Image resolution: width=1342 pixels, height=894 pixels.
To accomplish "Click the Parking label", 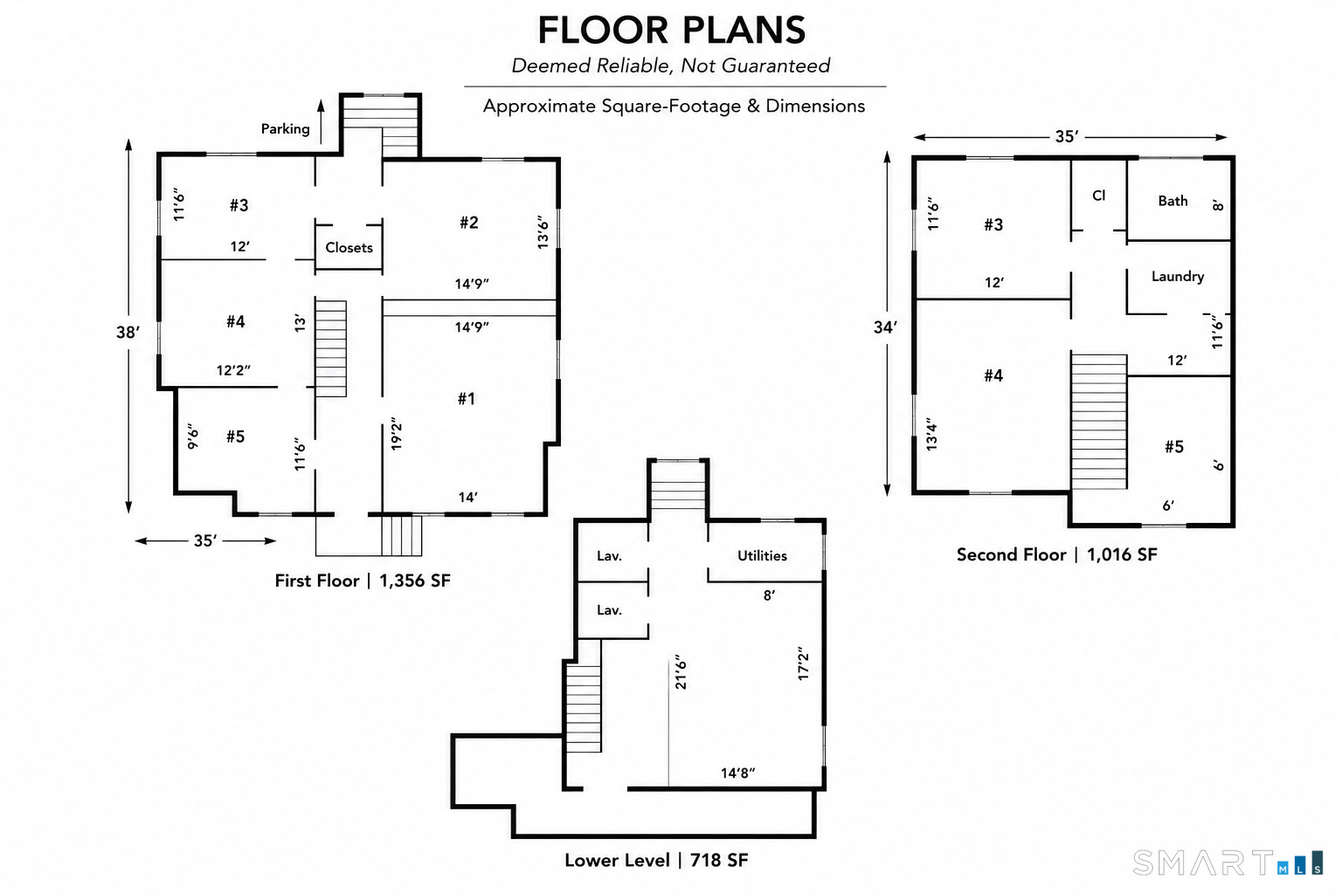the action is coord(285,128).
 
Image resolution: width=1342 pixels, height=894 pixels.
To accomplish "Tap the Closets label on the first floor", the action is coord(349,247).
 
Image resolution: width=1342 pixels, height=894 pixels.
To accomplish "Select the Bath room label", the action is coord(1173,201).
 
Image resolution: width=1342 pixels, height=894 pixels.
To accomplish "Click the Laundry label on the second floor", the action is coord(1177,276).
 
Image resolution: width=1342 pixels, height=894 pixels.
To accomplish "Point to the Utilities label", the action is coord(762,555).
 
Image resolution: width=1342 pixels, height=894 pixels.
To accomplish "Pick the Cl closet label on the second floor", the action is coord(1099,196).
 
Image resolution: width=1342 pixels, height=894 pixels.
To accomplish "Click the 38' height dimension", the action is coord(128,332).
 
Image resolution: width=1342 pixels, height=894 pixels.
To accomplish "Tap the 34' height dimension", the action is coord(885,327).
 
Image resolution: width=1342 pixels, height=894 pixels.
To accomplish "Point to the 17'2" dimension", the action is coord(804,663).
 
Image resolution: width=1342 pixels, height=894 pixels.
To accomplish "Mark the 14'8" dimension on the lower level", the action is coord(737,773).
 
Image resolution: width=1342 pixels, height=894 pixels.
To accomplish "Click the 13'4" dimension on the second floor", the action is coord(931,434).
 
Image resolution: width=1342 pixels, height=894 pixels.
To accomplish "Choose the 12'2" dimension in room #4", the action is coord(233,370).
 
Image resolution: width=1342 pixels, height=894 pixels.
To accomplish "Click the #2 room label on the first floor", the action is coord(468,223).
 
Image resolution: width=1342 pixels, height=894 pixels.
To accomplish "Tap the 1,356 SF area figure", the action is coord(415,581).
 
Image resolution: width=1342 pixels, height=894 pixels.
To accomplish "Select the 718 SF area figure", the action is coord(719,860).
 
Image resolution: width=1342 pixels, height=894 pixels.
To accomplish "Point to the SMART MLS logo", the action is coord(1228,863).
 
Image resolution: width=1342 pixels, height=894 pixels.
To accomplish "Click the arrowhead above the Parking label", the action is coord(321,106).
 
